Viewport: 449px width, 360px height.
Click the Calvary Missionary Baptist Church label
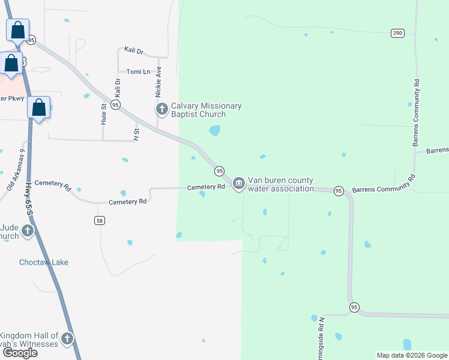[206, 110]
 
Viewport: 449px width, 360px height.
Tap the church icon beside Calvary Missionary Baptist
[161, 109]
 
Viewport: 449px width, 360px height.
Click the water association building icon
[238, 183]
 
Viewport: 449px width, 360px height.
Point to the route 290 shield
[397, 33]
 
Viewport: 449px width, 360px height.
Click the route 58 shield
[100, 220]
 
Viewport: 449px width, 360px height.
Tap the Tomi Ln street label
[138, 72]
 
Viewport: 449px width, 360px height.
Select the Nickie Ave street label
[158, 82]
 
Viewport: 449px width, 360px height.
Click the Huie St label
[103, 114]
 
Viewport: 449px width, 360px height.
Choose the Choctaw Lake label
[43, 262]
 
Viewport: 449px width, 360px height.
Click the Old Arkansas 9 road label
[16, 170]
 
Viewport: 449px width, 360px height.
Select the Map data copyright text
[412, 355]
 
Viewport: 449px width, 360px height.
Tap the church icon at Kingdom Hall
[67, 339]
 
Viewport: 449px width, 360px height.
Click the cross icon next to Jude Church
[28, 230]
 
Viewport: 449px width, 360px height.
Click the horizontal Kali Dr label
[134, 51]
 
